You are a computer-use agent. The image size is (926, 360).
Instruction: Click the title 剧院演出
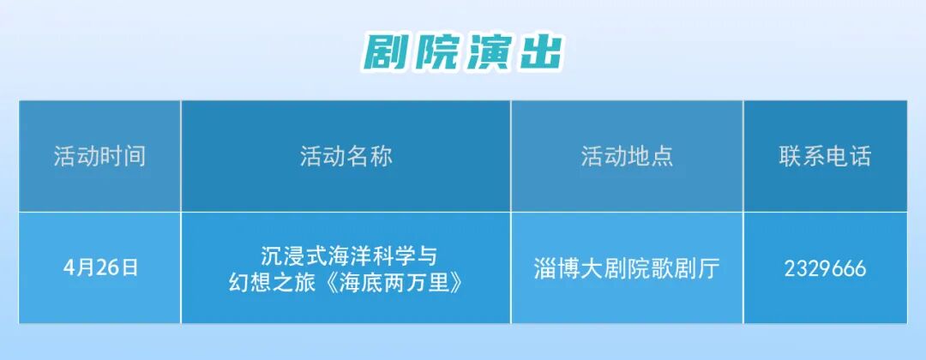click(x=463, y=52)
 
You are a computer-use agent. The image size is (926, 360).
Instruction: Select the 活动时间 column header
click(x=99, y=156)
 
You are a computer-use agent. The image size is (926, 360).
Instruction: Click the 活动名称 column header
click(x=346, y=156)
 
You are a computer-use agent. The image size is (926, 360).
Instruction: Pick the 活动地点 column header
click(x=627, y=156)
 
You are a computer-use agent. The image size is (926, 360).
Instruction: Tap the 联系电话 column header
click(x=825, y=156)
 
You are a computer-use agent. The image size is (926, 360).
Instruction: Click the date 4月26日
click(x=99, y=267)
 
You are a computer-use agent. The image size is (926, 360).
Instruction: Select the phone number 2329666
click(x=825, y=268)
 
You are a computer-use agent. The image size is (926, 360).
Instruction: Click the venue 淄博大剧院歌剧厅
click(x=626, y=268)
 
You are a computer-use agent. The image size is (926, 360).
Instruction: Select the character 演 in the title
click(x=488, y=52)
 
